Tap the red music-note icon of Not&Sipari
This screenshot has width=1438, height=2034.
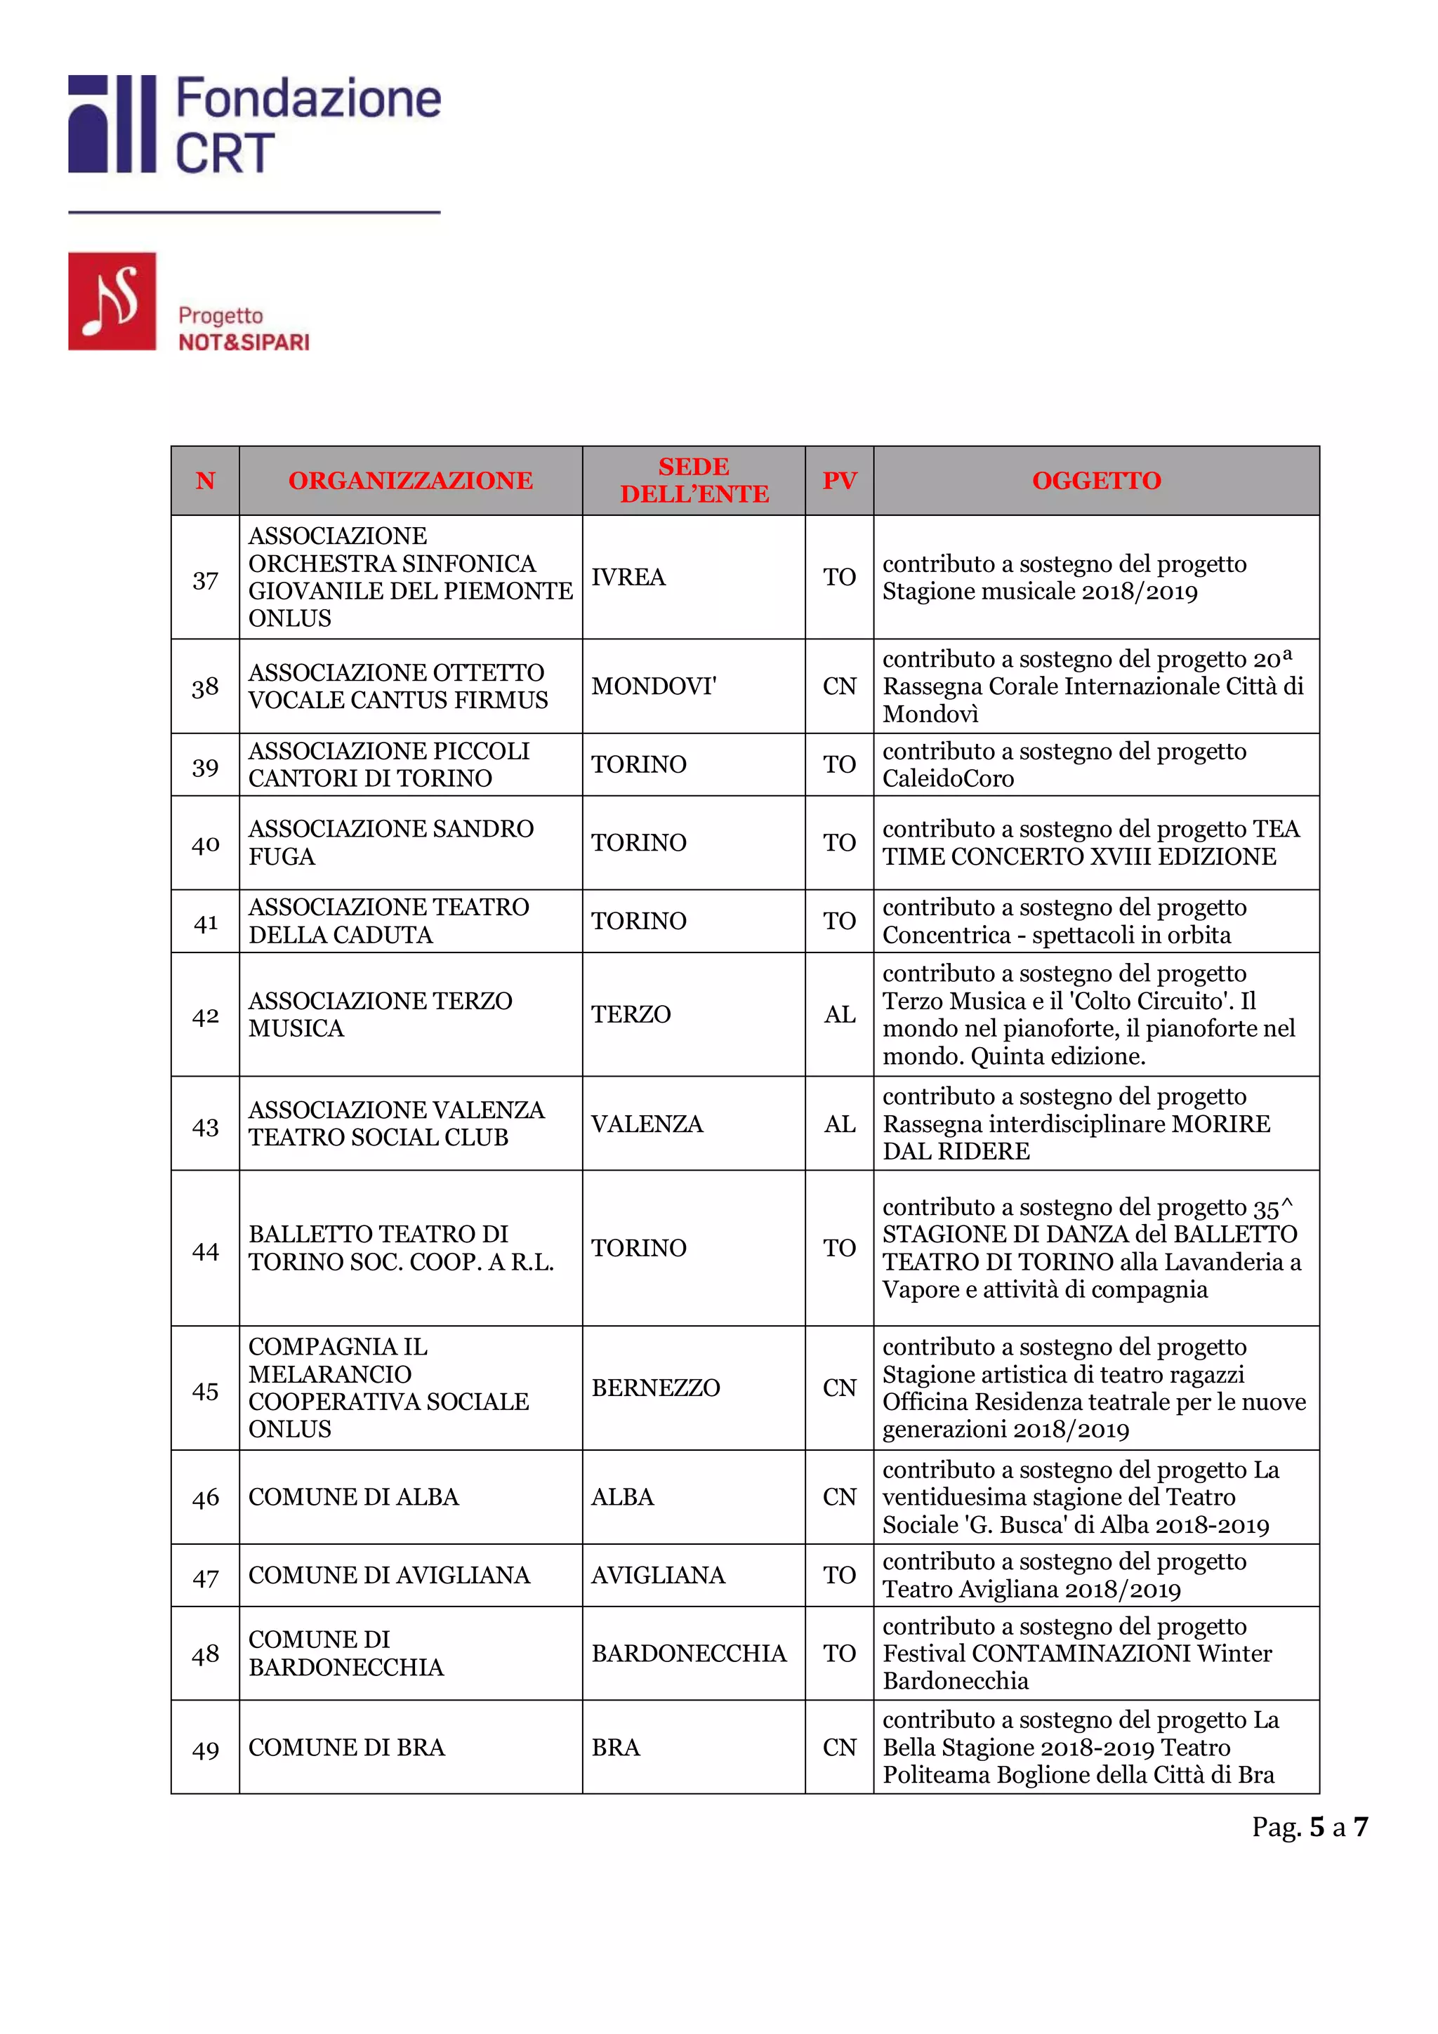[112, 301]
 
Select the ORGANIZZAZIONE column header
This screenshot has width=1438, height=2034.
[410, 480]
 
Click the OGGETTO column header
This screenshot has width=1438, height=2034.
[1096, 480]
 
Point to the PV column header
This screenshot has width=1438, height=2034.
[839, 480]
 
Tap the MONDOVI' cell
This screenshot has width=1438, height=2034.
[654, 686]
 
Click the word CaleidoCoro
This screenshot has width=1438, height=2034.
[947, 778]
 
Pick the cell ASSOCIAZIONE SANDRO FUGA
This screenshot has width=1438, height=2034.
[390, 842]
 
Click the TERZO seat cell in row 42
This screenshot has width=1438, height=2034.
[631, 1014]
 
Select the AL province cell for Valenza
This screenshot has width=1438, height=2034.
[839, 1124]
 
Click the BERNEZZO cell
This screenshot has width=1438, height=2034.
[656, 1388]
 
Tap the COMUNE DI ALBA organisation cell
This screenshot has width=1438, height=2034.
[353, 1496]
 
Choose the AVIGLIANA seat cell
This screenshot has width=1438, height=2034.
[657, 1574]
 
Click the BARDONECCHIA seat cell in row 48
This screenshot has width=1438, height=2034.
[688, 1653]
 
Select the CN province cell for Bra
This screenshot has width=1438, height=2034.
[839, 1747]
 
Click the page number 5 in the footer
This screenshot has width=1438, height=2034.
[1317, 1827]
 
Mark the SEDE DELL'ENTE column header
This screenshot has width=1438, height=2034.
[694, 480]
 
